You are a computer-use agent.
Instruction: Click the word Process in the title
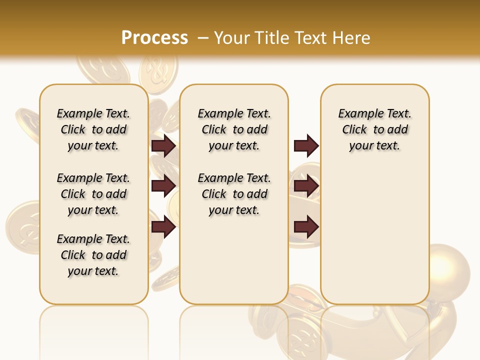(154, 38)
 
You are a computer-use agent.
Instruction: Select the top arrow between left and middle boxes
(163, 146)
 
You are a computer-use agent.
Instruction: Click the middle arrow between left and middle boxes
(163, 186)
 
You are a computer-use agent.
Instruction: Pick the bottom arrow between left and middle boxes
(163, 227)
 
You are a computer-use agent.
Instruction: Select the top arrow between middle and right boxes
(306, 146)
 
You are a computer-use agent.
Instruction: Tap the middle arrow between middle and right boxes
(306, 186)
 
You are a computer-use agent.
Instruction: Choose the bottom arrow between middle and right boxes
(306, 227)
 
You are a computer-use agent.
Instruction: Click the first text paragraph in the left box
(93, 129)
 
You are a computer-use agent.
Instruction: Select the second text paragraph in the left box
(93, 194)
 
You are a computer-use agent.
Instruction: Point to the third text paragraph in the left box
(93, 255)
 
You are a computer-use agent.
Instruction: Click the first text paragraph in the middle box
(234, 129)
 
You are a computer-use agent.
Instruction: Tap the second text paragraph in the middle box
(234, 194)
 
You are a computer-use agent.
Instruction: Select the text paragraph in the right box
(374, 129)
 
